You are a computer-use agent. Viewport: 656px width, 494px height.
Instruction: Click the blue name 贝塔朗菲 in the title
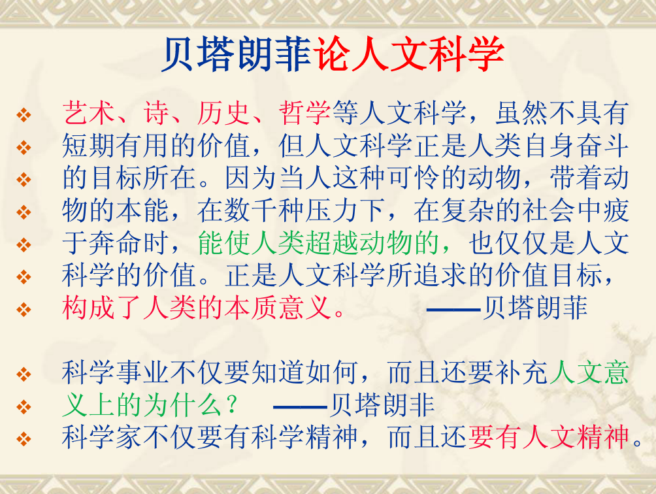(x=237, y=54)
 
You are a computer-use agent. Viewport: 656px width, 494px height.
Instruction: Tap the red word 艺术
(x=88, y=113)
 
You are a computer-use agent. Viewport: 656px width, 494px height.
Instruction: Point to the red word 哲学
(x=305, y=113)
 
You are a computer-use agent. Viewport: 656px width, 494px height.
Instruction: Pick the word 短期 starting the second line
(x=88, y=146)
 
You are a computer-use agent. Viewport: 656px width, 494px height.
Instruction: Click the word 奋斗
(x=603, y=146)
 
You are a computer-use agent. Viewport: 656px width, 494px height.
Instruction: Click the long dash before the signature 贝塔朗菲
(x=453, y=310)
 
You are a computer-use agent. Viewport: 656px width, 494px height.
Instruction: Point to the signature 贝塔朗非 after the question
(x=382, y=405)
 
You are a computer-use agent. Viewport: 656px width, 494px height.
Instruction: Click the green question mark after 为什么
(x=231, y=406)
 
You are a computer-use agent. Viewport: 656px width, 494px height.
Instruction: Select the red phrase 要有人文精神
(x=549, y=437)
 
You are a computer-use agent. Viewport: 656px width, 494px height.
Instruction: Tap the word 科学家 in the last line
(x=102, y=437)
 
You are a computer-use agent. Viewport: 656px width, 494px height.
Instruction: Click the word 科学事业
(x=115, y=372)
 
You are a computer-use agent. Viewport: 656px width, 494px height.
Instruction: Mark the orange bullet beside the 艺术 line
(x=24, y=114)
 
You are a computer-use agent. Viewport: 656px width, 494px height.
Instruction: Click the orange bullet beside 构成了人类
(x=24, y=310)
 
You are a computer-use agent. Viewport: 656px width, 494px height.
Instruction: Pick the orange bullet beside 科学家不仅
(x=24, y=439)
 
